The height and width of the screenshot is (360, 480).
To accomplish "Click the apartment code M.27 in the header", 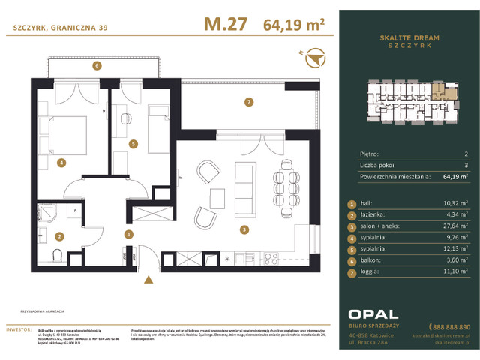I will [226, 24].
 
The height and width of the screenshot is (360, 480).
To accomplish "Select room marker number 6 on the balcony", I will [97, 66].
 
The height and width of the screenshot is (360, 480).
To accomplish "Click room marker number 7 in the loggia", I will [248, 101].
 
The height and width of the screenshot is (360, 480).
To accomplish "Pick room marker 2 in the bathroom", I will [59, 235].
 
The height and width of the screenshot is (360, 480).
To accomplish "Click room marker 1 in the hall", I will [129, 234].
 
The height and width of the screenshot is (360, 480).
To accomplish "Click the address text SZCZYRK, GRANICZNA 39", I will [55, 28].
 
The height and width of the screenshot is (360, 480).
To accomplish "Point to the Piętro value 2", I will [466, 153].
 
